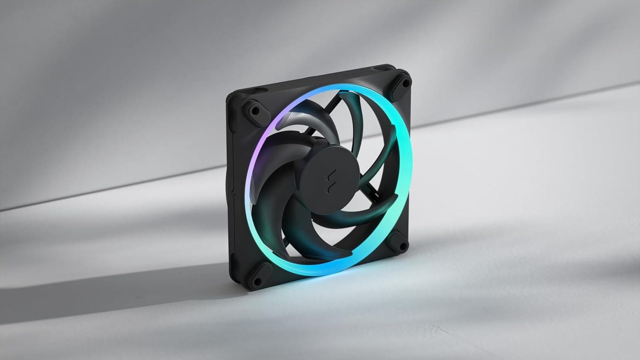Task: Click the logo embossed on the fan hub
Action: pos(330,178)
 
